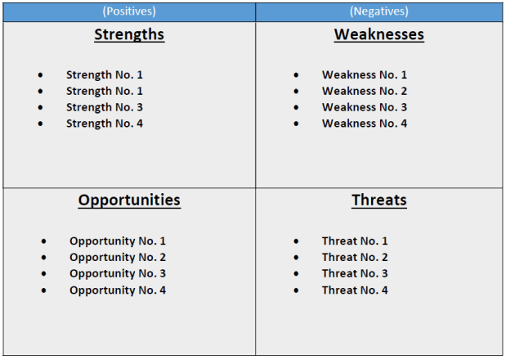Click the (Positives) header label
129,11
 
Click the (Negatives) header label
378,11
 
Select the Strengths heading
129,34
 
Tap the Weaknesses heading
378,34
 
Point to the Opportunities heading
129,200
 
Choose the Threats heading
378,200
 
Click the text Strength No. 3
105,107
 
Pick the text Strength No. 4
105,124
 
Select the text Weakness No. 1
365,74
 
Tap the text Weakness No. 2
365,91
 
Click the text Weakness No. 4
365,124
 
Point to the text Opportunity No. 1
118,241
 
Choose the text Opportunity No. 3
118,274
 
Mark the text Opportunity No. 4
118,290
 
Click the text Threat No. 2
355,258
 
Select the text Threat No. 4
355,290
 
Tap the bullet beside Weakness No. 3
296,108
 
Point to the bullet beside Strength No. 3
40,108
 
